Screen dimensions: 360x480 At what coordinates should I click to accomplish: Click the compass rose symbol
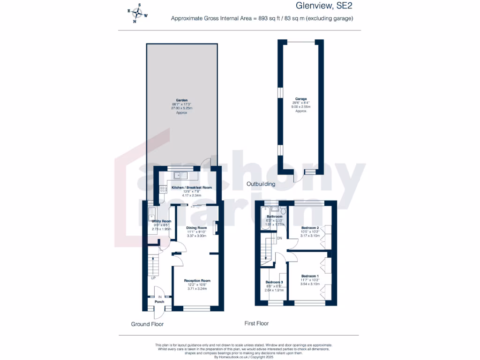[137, 14]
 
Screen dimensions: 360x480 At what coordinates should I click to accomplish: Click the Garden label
[182, 100]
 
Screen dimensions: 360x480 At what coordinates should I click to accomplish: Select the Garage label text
[300, 99]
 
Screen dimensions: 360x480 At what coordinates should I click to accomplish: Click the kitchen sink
[180, 175]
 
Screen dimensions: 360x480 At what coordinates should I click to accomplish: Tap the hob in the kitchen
[163, 189]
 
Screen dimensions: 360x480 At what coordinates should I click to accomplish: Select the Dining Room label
[197, 228]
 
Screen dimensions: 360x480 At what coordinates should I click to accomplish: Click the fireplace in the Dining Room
[215, 227]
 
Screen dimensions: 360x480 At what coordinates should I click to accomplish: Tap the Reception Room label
[196, 280]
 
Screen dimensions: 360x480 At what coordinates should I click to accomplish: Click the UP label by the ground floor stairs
[153, 278]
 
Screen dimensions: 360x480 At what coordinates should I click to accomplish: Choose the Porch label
[159, 302]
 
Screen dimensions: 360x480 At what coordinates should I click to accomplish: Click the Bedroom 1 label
[310, 276]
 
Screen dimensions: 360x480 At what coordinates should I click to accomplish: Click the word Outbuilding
[261, 184]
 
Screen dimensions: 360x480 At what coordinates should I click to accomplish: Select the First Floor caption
[256, 323]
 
